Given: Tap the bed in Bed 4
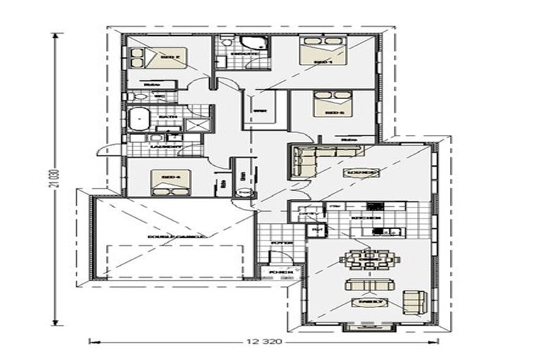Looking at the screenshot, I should click(169, 180).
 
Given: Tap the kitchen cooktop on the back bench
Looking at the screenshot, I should click(374, 206).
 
